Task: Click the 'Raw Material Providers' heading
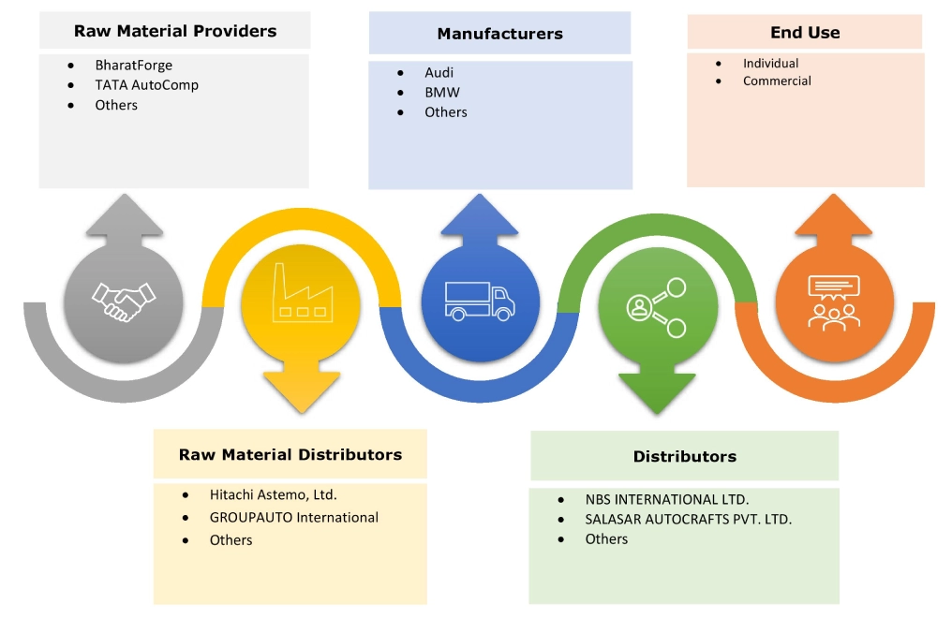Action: (x=175, y=31)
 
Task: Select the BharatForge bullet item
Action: (x=133, y=66)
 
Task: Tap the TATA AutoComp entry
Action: (x=146, y=85)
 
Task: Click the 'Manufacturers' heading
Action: (x=499, y=34)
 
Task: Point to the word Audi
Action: (x=439, y=72)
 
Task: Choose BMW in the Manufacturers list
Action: (x=441, y=92)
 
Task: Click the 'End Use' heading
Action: (x=805, y=32)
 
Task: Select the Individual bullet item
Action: (x=770, y=63)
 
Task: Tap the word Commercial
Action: (x=777, y=81)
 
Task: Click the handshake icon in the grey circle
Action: (x=124, y=301)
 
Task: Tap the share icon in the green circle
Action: (x=657, y=307)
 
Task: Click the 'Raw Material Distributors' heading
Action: (x=290, y=454)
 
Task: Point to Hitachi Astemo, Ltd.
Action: (x=273, y=493)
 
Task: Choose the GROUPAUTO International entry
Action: (x=293, y=517)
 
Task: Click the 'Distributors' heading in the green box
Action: (x=684, y=456)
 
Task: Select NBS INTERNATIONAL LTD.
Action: (x=666, y=499)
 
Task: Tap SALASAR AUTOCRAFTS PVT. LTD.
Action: (x=688, y=519)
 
